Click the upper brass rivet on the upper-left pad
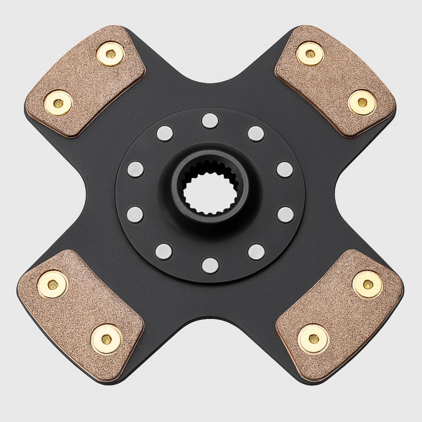click(110, 54)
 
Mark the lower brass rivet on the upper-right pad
click(362, 103)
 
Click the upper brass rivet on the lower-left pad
click(53, 284)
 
